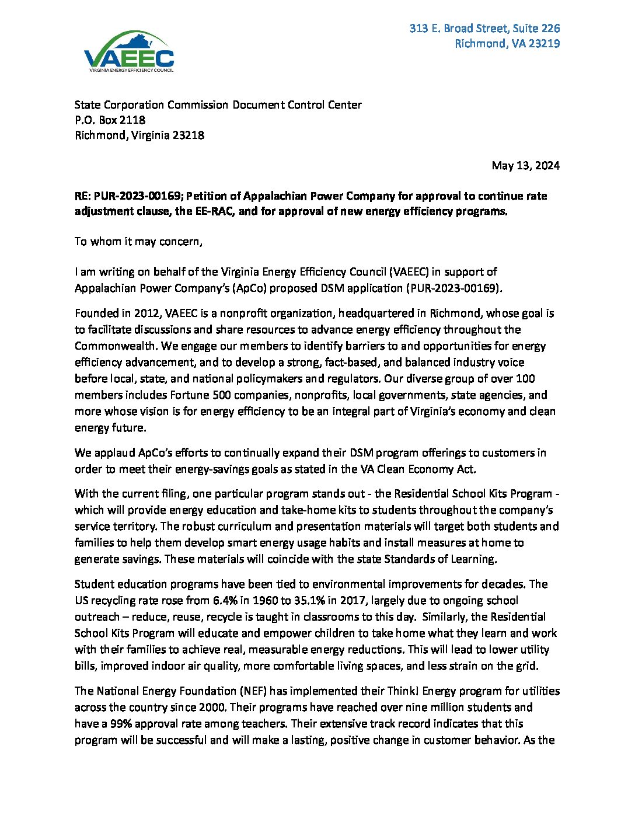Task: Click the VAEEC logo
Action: coord(129,52)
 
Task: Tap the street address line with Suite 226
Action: coord(484,28)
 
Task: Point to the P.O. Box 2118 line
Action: coord(110,120)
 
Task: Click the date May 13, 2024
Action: coord(525,165)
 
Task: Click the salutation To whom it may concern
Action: coord(138,241)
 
